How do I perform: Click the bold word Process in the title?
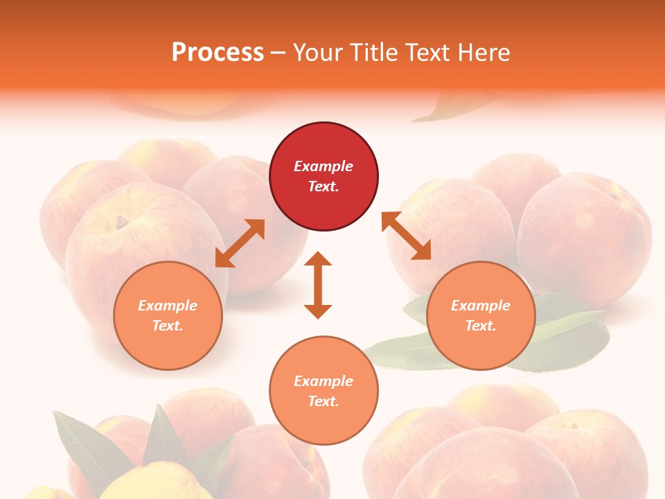218,53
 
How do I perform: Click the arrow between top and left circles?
240,243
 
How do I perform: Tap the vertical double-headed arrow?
318,285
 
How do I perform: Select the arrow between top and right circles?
406,236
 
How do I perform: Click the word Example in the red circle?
323,166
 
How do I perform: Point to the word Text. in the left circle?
168,326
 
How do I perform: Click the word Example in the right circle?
481,306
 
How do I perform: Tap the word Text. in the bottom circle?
323,401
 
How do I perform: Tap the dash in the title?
278,53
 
